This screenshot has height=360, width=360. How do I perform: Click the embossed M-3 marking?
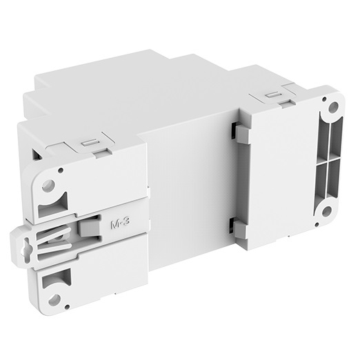121,223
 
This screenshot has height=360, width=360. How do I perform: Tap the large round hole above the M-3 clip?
49,185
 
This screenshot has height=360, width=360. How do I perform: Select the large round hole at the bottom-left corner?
54,300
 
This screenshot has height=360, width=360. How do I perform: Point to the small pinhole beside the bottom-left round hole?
67,307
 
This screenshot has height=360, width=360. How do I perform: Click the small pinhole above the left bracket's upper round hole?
61,170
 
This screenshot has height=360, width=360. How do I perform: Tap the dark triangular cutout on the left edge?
37,154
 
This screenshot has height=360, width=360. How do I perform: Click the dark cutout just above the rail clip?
53,206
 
